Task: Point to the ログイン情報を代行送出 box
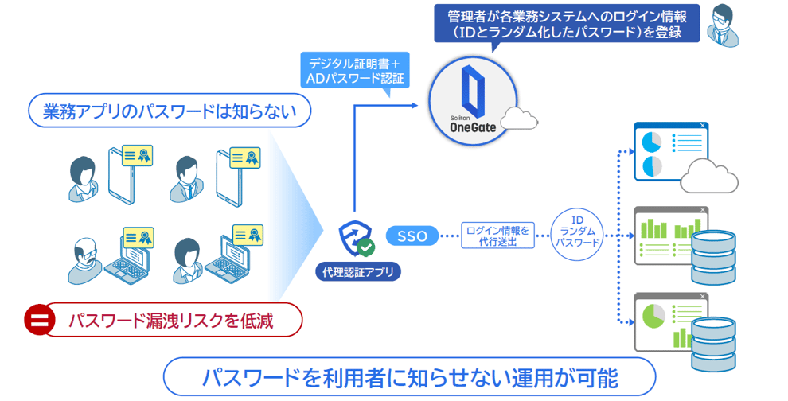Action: [497, 236]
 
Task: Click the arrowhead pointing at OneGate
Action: [415, 104]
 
